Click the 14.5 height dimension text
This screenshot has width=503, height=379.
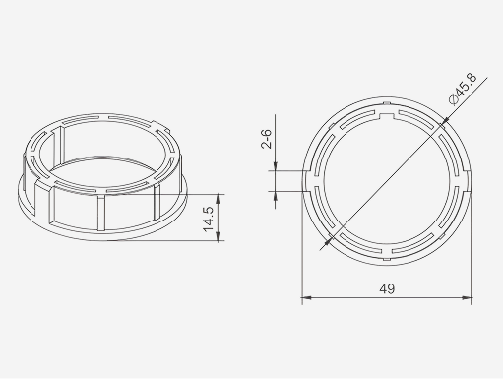[209, 217]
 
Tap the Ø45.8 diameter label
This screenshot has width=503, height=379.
[458, 91]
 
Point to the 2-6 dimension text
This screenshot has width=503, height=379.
[266, 138]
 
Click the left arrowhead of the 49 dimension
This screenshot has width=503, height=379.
[304, 296]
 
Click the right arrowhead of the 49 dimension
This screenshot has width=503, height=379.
[469, 296]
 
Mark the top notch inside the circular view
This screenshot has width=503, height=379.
[386, 117]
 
